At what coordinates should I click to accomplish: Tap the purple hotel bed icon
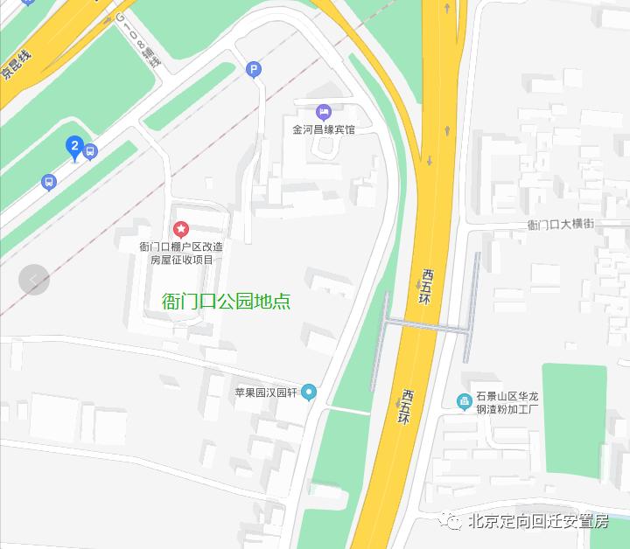coord(324,112)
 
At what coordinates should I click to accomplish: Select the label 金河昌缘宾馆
coord(324,129)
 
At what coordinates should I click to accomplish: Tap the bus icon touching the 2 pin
coord(90,151)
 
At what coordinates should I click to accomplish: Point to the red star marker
coord(181,229)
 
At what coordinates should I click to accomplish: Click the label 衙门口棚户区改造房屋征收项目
coord(181,253)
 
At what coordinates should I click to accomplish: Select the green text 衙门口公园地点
coord(227,302)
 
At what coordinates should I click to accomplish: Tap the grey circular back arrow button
coord(33,280)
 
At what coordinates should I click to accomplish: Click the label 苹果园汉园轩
coord(266,393)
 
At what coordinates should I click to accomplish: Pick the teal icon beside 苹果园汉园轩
coord(308,393)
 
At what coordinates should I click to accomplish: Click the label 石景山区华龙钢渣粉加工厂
coord(507,402)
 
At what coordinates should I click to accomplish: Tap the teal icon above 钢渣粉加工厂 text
coord(464,401)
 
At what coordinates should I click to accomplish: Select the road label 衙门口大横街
coord(561,225)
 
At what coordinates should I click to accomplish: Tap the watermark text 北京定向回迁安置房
coord(538,522)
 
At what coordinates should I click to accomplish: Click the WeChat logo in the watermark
coord(453,522)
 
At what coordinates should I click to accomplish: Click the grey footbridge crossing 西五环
coord(428,326)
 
